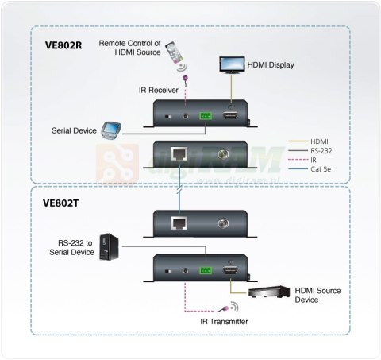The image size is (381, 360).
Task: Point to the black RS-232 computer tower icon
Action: pyautogui.click(x=108, y=246)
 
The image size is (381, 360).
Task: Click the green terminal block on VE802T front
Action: pyautogui.click(x=206, y=272)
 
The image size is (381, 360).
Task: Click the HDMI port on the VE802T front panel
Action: pyautogui.click(x=231, y=271)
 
